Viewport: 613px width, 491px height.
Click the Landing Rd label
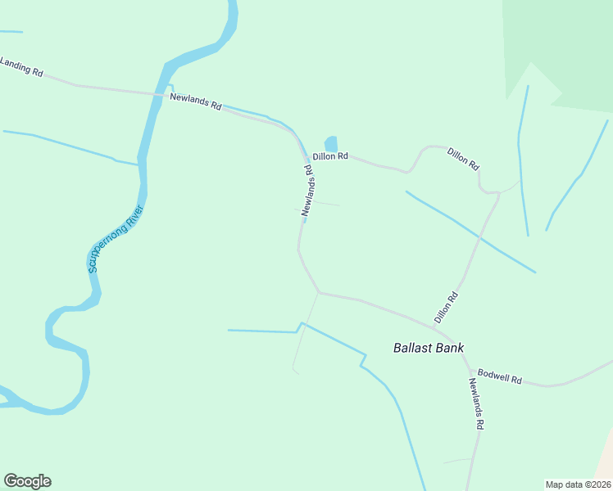(21, 66)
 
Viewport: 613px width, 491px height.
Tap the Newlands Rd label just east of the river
(196, 101)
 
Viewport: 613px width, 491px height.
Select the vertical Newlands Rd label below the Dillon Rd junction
(307, 191)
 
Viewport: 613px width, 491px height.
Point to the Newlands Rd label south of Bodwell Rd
(477, 403)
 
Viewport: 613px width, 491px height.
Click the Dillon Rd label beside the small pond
(330, 155)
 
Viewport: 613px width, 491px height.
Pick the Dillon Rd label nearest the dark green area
(463, 157)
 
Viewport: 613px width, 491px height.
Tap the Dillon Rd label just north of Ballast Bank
(445, 306)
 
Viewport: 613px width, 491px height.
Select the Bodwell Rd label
(500, 376)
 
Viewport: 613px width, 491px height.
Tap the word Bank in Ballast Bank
(450, 348)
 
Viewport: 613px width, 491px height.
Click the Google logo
(27, 480)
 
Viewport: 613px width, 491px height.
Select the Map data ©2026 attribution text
(577, 484)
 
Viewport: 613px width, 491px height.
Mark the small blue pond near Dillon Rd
(331, 143)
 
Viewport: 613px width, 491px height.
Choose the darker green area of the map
(565, 49)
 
